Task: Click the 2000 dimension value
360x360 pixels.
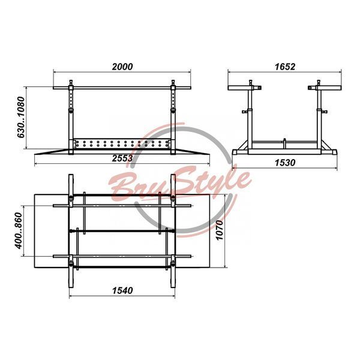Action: tap(122, 67)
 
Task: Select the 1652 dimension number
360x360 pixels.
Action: tap(284, 67)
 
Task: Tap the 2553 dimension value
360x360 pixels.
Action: tap(122, 158)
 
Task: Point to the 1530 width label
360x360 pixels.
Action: tap(284, 163)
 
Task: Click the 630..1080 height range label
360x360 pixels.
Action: tap(20, 118)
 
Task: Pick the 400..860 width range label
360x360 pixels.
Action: tap(19, 230)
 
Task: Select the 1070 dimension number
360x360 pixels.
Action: tap(220, 230)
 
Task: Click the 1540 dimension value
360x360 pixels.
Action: tap(122, 290)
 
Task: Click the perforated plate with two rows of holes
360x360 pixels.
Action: tap(122, 144)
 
